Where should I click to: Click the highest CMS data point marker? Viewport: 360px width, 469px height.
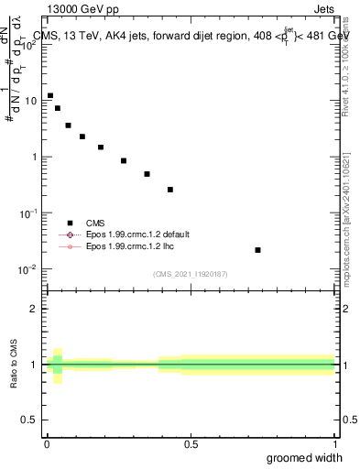(x=50, y=95)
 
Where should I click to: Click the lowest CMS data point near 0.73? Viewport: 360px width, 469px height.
(x=258, y=249)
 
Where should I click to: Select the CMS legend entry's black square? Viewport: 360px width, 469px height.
(x=70, y=223)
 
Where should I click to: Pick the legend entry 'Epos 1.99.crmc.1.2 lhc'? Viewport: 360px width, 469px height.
(x=128, y=246)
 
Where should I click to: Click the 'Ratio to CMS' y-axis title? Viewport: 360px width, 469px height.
(x=14, y=365)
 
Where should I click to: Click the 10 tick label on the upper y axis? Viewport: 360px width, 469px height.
(x=31, y=101)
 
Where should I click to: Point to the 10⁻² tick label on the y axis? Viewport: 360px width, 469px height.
(x=29, y=269)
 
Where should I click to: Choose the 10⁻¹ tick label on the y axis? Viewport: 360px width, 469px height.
(x=29, y=213)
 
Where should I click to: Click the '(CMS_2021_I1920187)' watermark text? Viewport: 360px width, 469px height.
(x=191, y=274)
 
